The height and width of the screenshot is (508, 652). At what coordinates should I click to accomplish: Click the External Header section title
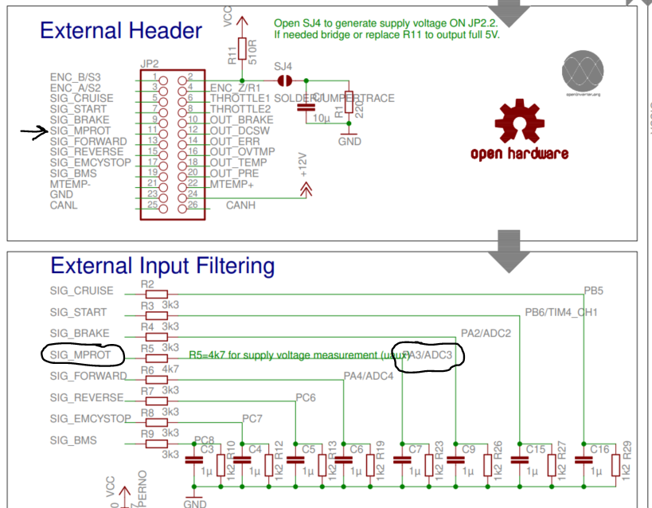121,31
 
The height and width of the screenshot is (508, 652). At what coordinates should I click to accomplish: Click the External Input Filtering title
162,265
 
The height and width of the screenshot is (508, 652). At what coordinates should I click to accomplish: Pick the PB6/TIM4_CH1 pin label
560,312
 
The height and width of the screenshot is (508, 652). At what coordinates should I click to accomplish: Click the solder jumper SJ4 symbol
283,80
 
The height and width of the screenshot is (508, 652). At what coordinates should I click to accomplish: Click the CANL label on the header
64,205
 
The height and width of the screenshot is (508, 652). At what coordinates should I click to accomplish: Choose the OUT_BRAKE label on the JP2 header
241,119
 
